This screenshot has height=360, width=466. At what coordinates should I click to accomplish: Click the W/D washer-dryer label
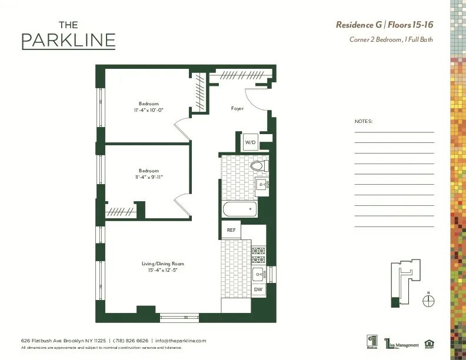[250, 142]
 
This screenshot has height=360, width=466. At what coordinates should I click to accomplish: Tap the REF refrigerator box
[231, 230]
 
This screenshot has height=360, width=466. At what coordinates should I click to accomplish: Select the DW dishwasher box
[258, 289]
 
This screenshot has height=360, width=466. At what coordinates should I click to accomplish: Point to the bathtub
[239, 208]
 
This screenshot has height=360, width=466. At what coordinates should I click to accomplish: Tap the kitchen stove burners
[258, 255]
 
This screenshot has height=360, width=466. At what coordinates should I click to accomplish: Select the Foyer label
[237, 109]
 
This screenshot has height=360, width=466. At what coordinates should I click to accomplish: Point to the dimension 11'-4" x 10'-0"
[148, 109]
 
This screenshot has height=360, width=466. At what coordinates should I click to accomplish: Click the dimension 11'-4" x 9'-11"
[148, 176]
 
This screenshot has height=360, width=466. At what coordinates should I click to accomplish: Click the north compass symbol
[429, 300]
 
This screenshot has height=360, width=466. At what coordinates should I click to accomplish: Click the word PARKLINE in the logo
[68, 41]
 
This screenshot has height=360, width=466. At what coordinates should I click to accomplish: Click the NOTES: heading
[364, 122]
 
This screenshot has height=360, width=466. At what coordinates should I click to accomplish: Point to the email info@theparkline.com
[181, 341]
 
